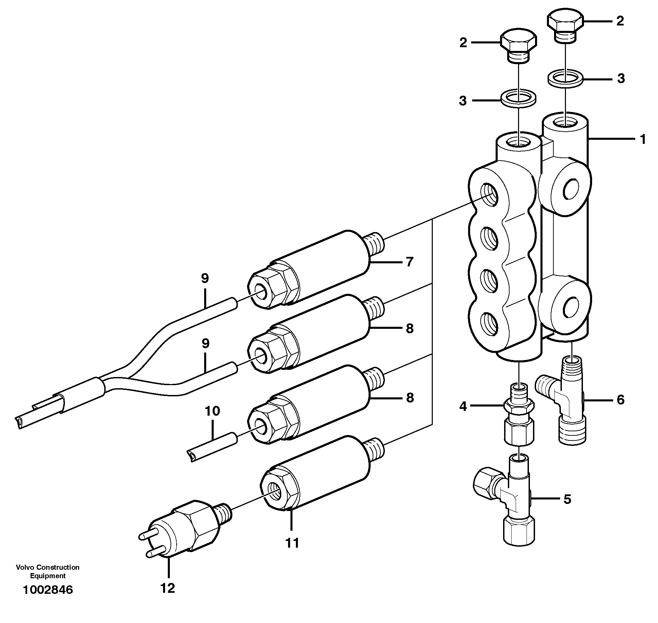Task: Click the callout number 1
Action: pyautogui.click(x=642, y=139)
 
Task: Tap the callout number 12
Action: pyautogui.click(x=167, y=588)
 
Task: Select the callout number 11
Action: pyautogui.click(x=292, y=543)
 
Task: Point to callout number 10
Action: pyautogui.click(x=212, y=411)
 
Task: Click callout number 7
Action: pyautogui.click(x=409, y=262)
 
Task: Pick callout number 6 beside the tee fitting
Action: pyautogui.click(x=620, y=400)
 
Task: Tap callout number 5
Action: pyautogui.click(x=567, y=499)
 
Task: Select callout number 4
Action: pyautogui.click(x=463, y=406)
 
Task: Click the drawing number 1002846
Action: pyautogui.click(x=48, y=590)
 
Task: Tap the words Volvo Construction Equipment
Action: pyautogui.click(x=48, y=571)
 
